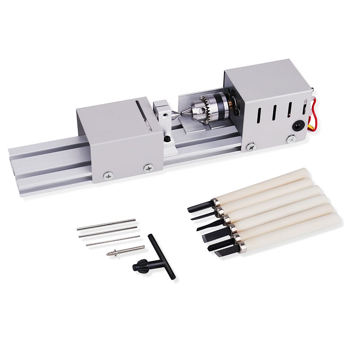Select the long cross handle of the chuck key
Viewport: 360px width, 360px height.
[x=162, y=256]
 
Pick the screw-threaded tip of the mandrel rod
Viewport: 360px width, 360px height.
[x=111, y=254]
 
